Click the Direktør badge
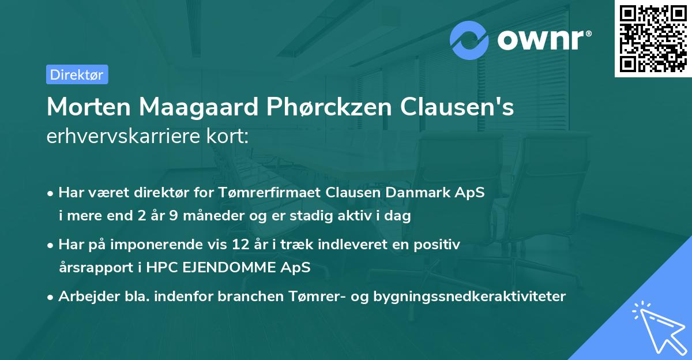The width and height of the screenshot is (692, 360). [77, 74]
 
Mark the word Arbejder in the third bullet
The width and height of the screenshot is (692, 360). [85, 297]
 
